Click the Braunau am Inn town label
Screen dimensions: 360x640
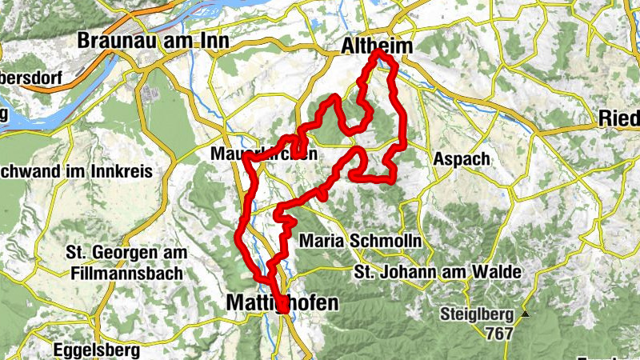click(x=153, y=41)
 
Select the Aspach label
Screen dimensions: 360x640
click(x=461, y=159)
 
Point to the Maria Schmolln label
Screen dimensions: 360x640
click(x=360, y=241)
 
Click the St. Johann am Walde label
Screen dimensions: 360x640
click(x=437, y=274)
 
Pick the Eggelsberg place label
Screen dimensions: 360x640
click(x=95, y=350)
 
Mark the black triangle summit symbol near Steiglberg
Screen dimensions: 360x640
click(x=526, y=314)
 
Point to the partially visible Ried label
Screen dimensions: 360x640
click(x=619, y=119)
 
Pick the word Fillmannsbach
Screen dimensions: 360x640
click(x=123, y=273)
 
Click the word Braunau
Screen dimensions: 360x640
click(x=113, y=41)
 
